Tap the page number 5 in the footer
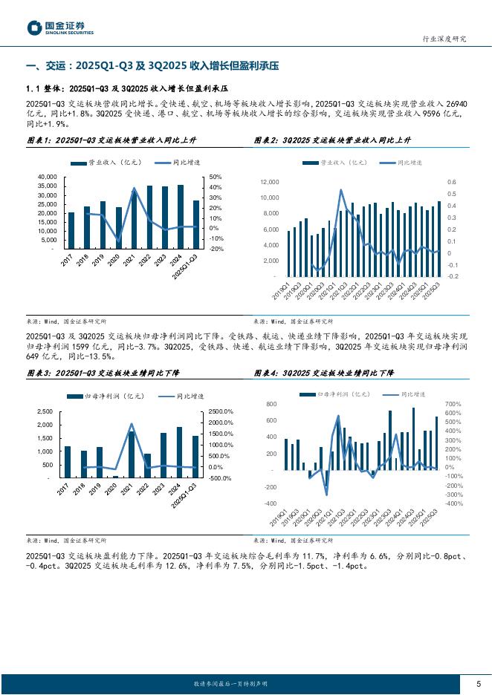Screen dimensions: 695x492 [x=477, y=683]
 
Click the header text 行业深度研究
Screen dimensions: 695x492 [x=444, y=39]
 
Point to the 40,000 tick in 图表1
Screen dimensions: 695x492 [x=46, y=176]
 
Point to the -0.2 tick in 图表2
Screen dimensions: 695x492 [x=452, y=276]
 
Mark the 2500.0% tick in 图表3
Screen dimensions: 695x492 [x=221, y=411]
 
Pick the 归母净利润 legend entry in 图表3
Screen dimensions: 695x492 [x=106, y=397]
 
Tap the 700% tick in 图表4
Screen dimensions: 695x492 [x=453, y=404]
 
